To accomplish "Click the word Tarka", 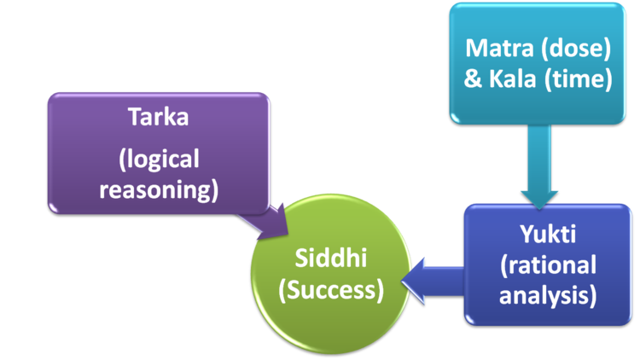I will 159,117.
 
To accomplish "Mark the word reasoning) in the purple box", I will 160,189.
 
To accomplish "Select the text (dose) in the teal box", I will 579,48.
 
